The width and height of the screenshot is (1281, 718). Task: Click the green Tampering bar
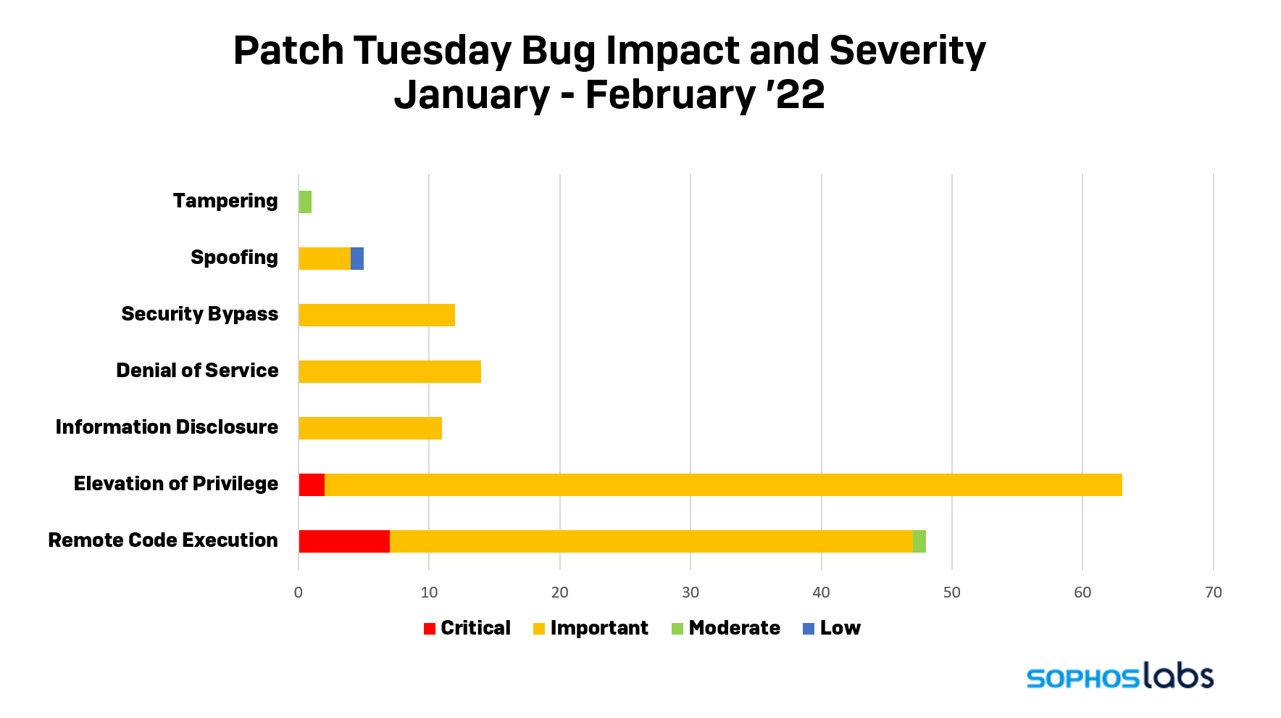pyautogui.click(x=305, y=202)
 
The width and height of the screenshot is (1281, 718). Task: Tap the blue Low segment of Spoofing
pyautogui.click(x=357, y=258)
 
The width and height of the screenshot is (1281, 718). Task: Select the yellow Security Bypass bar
pyautogui.click(x=377, y=315)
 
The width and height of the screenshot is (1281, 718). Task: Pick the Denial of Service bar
pyautogui.click(x=390, y=371)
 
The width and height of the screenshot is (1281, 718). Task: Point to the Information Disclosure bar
pyautogui.click(x=370, y=428)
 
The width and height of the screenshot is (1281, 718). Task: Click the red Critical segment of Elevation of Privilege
pyautogui.click(x=312, y=484)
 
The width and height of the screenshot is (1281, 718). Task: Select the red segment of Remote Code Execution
pyautogui.click(x=344, y=541)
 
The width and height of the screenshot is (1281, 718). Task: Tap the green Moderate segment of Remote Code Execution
pyautogui.click(x=919, y=541)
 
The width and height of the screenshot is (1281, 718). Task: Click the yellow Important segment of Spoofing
pyautogui.click(x=325, y=258)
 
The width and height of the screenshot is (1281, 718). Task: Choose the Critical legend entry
pyautogui.click(x=467, y=628)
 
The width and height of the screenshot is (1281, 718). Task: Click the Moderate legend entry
pyautogui.click(x=726, y=628)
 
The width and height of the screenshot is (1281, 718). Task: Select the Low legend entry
pyautogui.click(x=832, y=628)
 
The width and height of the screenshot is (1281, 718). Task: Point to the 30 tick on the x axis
pyautogui.click(x=690, y=593)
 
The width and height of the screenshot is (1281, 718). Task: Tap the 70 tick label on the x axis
pyautogui.click(x=1214, y=593)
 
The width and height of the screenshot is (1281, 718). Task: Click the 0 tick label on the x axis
pyautogui.click(x=299, y=593)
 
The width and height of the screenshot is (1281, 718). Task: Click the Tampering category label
pyautogui.click(x=225, y=201)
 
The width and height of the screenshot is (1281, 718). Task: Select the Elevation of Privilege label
pyautogui.click(x=176, y=484)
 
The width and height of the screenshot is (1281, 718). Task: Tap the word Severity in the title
pyautogui.click(x=907, y=51)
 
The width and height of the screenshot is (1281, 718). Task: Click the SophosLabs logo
pyautogui.click(x=1119, y=675)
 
